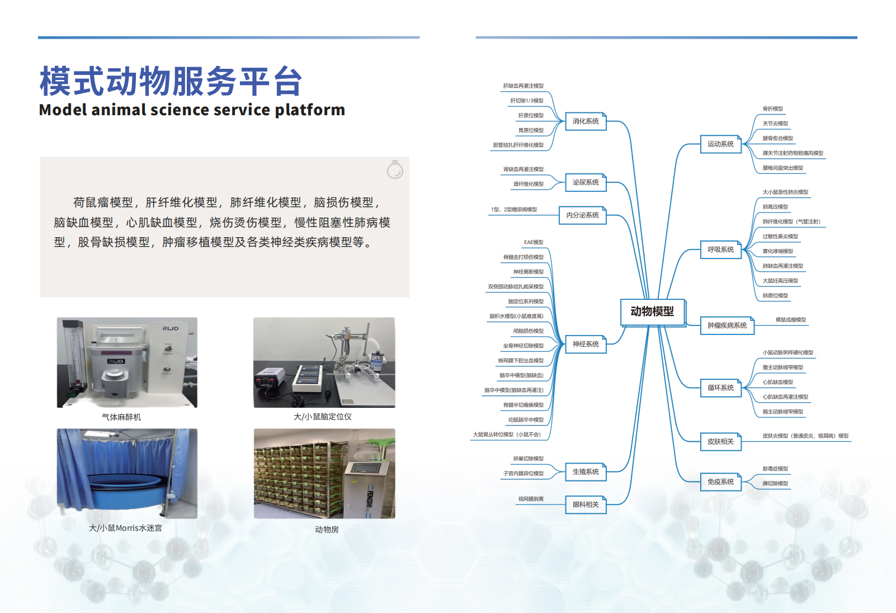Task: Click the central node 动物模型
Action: click(652, 312)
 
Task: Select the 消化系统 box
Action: click(585, 121)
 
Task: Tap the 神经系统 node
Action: click(585, 344)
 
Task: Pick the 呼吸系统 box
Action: click(720, 249)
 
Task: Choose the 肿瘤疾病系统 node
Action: click(727, 325)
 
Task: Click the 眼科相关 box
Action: click(585, 504)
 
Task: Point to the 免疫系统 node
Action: click(720, 482)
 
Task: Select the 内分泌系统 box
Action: click(582, 215)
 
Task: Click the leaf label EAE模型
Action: click(534, 242)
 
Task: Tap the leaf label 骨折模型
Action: click(772, 109)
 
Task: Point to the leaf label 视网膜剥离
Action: click(531, 499)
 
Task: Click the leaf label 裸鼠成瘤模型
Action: click(790, 320)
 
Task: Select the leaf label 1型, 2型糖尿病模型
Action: click(514, 210)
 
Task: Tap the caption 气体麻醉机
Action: click(121, 417)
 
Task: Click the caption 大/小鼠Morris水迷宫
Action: click(125, 528)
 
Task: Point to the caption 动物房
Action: click(327, 530)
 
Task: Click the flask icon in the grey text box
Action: click(395, 169)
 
